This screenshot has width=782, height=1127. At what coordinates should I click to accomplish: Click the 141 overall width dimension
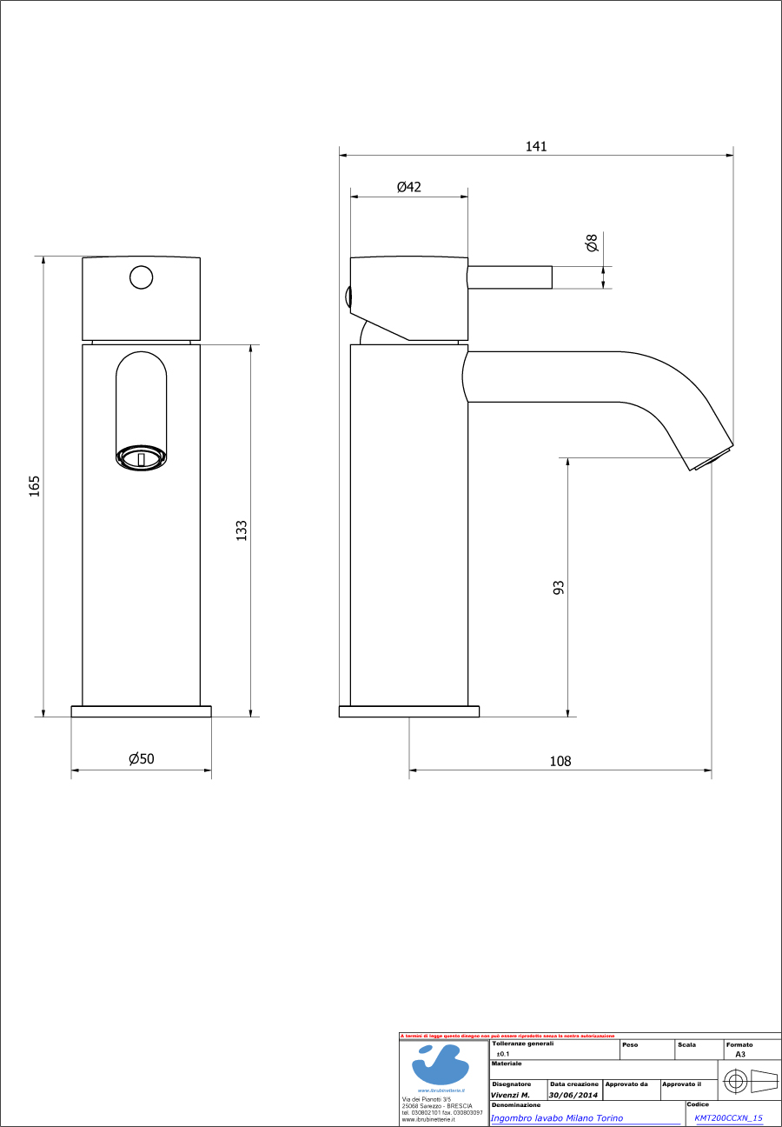tap(536, 146)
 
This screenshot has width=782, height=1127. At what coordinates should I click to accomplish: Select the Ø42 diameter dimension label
tap(409, 187)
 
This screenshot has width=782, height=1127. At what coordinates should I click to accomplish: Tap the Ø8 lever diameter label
tap(592, 243)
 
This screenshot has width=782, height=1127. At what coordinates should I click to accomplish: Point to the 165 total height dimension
tap(35, 485)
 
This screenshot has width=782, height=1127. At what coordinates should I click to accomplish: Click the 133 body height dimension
tap(242, 530)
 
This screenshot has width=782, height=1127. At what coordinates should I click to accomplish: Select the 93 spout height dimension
tap(559, 587)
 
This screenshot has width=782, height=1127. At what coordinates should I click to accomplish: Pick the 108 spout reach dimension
tap(560, 761)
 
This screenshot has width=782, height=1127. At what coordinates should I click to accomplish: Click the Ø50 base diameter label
tap(142, 759)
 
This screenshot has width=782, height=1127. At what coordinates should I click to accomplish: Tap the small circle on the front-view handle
tap(141, 277)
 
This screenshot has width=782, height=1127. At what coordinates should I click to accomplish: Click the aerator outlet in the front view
tap(141, 457)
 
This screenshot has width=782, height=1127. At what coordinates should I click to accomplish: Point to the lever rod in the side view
tap(510, 277)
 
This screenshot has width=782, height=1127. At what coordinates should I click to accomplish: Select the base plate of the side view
tap(408, 711)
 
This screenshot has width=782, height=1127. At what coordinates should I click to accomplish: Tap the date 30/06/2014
tap(573, 1096)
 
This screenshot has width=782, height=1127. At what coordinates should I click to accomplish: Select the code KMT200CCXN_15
tap(728, 1118)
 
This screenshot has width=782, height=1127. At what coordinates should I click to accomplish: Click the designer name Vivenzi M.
tap(510, 1096)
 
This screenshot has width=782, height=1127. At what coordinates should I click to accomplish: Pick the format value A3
tap(740, 1054)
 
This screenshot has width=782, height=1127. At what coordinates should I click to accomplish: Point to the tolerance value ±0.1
tap(502, 1054)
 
